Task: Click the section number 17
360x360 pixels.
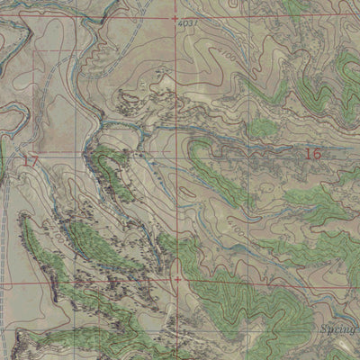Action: [31, 162]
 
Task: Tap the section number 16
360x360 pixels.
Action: [313, 154]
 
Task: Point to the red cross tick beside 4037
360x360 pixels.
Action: [174, 17]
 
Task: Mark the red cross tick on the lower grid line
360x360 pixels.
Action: [177, 279]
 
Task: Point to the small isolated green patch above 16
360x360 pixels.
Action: [263, 129]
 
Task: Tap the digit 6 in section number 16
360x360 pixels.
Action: [317, 154]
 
